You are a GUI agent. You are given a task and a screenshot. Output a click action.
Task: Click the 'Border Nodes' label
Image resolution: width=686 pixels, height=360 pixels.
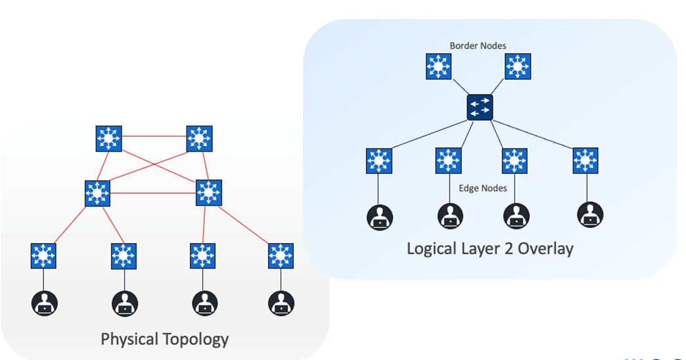click(x=478, y=46)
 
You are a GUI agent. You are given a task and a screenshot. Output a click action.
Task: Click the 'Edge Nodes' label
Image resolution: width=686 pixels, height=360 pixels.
click(x=482, y=189)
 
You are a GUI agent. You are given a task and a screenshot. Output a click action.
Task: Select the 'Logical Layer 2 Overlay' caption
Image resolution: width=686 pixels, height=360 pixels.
click(x=490, y=249)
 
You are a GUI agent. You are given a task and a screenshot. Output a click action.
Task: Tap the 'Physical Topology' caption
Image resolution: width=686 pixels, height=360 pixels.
click(x=164, y=339)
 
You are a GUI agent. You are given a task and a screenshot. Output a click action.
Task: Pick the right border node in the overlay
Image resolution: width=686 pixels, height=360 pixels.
click(x=518, y=67)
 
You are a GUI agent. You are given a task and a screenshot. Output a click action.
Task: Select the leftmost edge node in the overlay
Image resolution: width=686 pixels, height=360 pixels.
click(x=379, y=160)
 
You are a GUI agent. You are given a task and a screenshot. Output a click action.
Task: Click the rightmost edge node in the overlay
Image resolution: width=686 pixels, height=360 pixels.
click(x=585, y=160)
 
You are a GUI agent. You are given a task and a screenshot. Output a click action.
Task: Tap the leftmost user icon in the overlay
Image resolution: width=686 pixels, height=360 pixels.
click(x=379, y=217)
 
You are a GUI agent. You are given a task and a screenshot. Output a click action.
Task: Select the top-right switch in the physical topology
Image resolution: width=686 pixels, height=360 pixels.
click(x=198, y=139)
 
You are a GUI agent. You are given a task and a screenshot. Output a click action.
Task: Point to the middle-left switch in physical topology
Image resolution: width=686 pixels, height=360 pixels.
click(x=98, y=193)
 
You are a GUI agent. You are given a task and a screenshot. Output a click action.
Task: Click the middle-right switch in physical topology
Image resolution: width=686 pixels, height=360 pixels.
click(x=209, y=192)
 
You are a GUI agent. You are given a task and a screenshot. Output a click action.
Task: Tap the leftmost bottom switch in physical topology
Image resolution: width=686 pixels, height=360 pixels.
click(x=43, y=256)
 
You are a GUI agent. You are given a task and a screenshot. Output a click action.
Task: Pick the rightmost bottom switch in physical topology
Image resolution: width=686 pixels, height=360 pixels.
click(x=281, y=256)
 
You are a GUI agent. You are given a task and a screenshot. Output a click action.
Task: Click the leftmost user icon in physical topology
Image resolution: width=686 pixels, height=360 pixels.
click(x=44, y=304)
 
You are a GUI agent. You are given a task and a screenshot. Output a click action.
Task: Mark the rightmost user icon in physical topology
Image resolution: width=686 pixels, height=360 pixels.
click(x=281, y=304)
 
